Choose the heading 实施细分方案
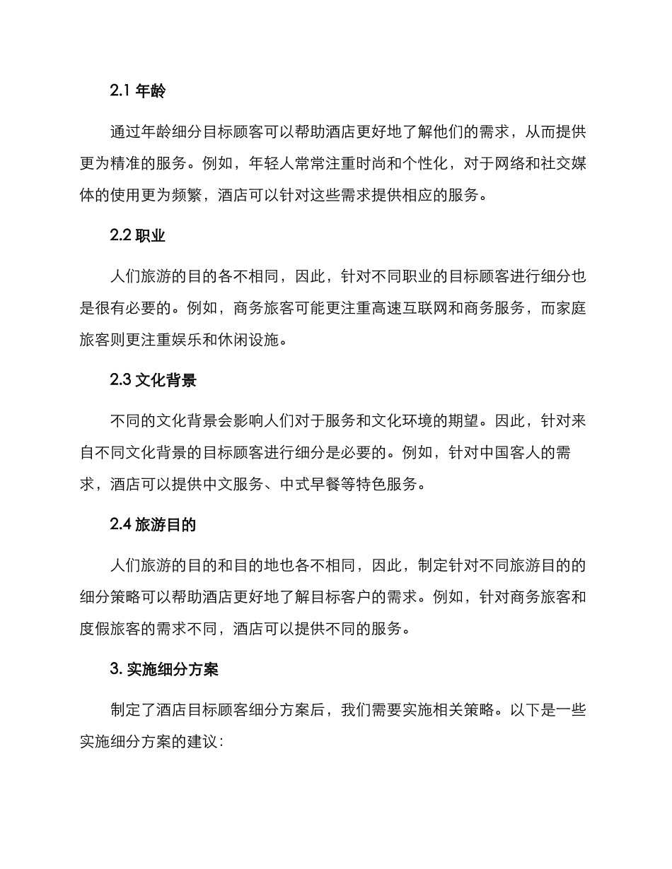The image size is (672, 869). click(x=173, y=670)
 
